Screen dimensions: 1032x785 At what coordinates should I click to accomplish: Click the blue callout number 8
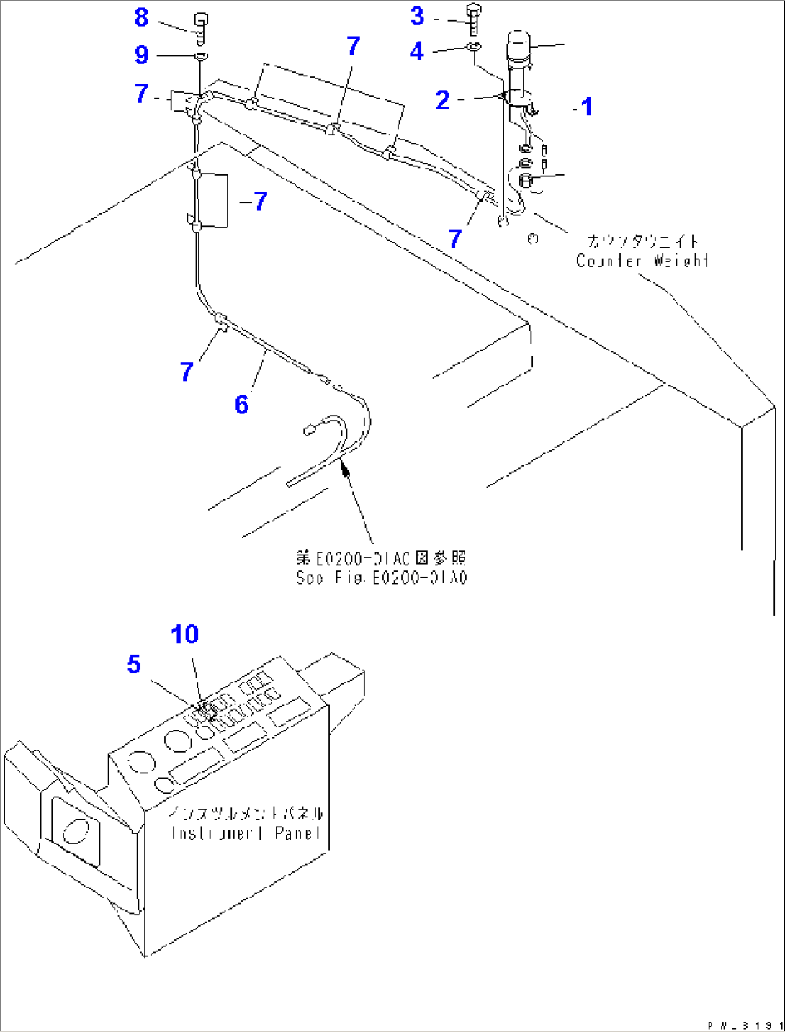pyautogui.click(x=141, y=17)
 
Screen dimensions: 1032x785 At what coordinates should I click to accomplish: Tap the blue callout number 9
pyautogui.click(x=141, y=55)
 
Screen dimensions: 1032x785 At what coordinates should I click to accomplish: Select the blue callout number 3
pyautogui.click(x=417, y=16)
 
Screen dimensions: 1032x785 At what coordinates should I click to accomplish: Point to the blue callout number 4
pyautogui.click(x=416, y=51)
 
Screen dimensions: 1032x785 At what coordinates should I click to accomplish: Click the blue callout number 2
pyautogui.click(x=442, y=99)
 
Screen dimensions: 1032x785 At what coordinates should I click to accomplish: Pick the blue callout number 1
pyautogui.click(x=587, y=107)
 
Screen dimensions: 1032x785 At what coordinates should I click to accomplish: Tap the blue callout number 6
pyautogui.click(x=241, y=404)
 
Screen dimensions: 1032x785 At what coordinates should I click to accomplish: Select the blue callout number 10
pyautogui.click(x=184, y=634)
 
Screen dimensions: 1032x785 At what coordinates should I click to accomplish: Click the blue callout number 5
pyautogui.click(x=134, y=664)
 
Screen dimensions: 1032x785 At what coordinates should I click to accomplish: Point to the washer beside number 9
pyautogui.click(x=201, y=55)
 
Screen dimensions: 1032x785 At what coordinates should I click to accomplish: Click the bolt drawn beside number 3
pyautogui.click(x=473, y=19)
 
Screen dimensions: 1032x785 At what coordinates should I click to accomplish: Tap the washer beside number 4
pyautogui.click(x=473, y=48)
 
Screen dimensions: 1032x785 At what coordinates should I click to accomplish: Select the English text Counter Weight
pyautogui.click(x=642, y=260)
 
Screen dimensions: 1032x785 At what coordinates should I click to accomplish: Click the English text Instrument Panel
pyautogui.click(x=246, y=833)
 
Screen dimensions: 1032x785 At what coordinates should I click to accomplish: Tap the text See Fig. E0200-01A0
pyautogui.click(x=381, y=578)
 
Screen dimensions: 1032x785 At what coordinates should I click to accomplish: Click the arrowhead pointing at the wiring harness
pyautogui.click(x=344, y=469)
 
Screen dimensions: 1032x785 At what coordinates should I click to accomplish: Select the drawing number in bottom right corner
pyautogui.click(x=745, y=1025)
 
